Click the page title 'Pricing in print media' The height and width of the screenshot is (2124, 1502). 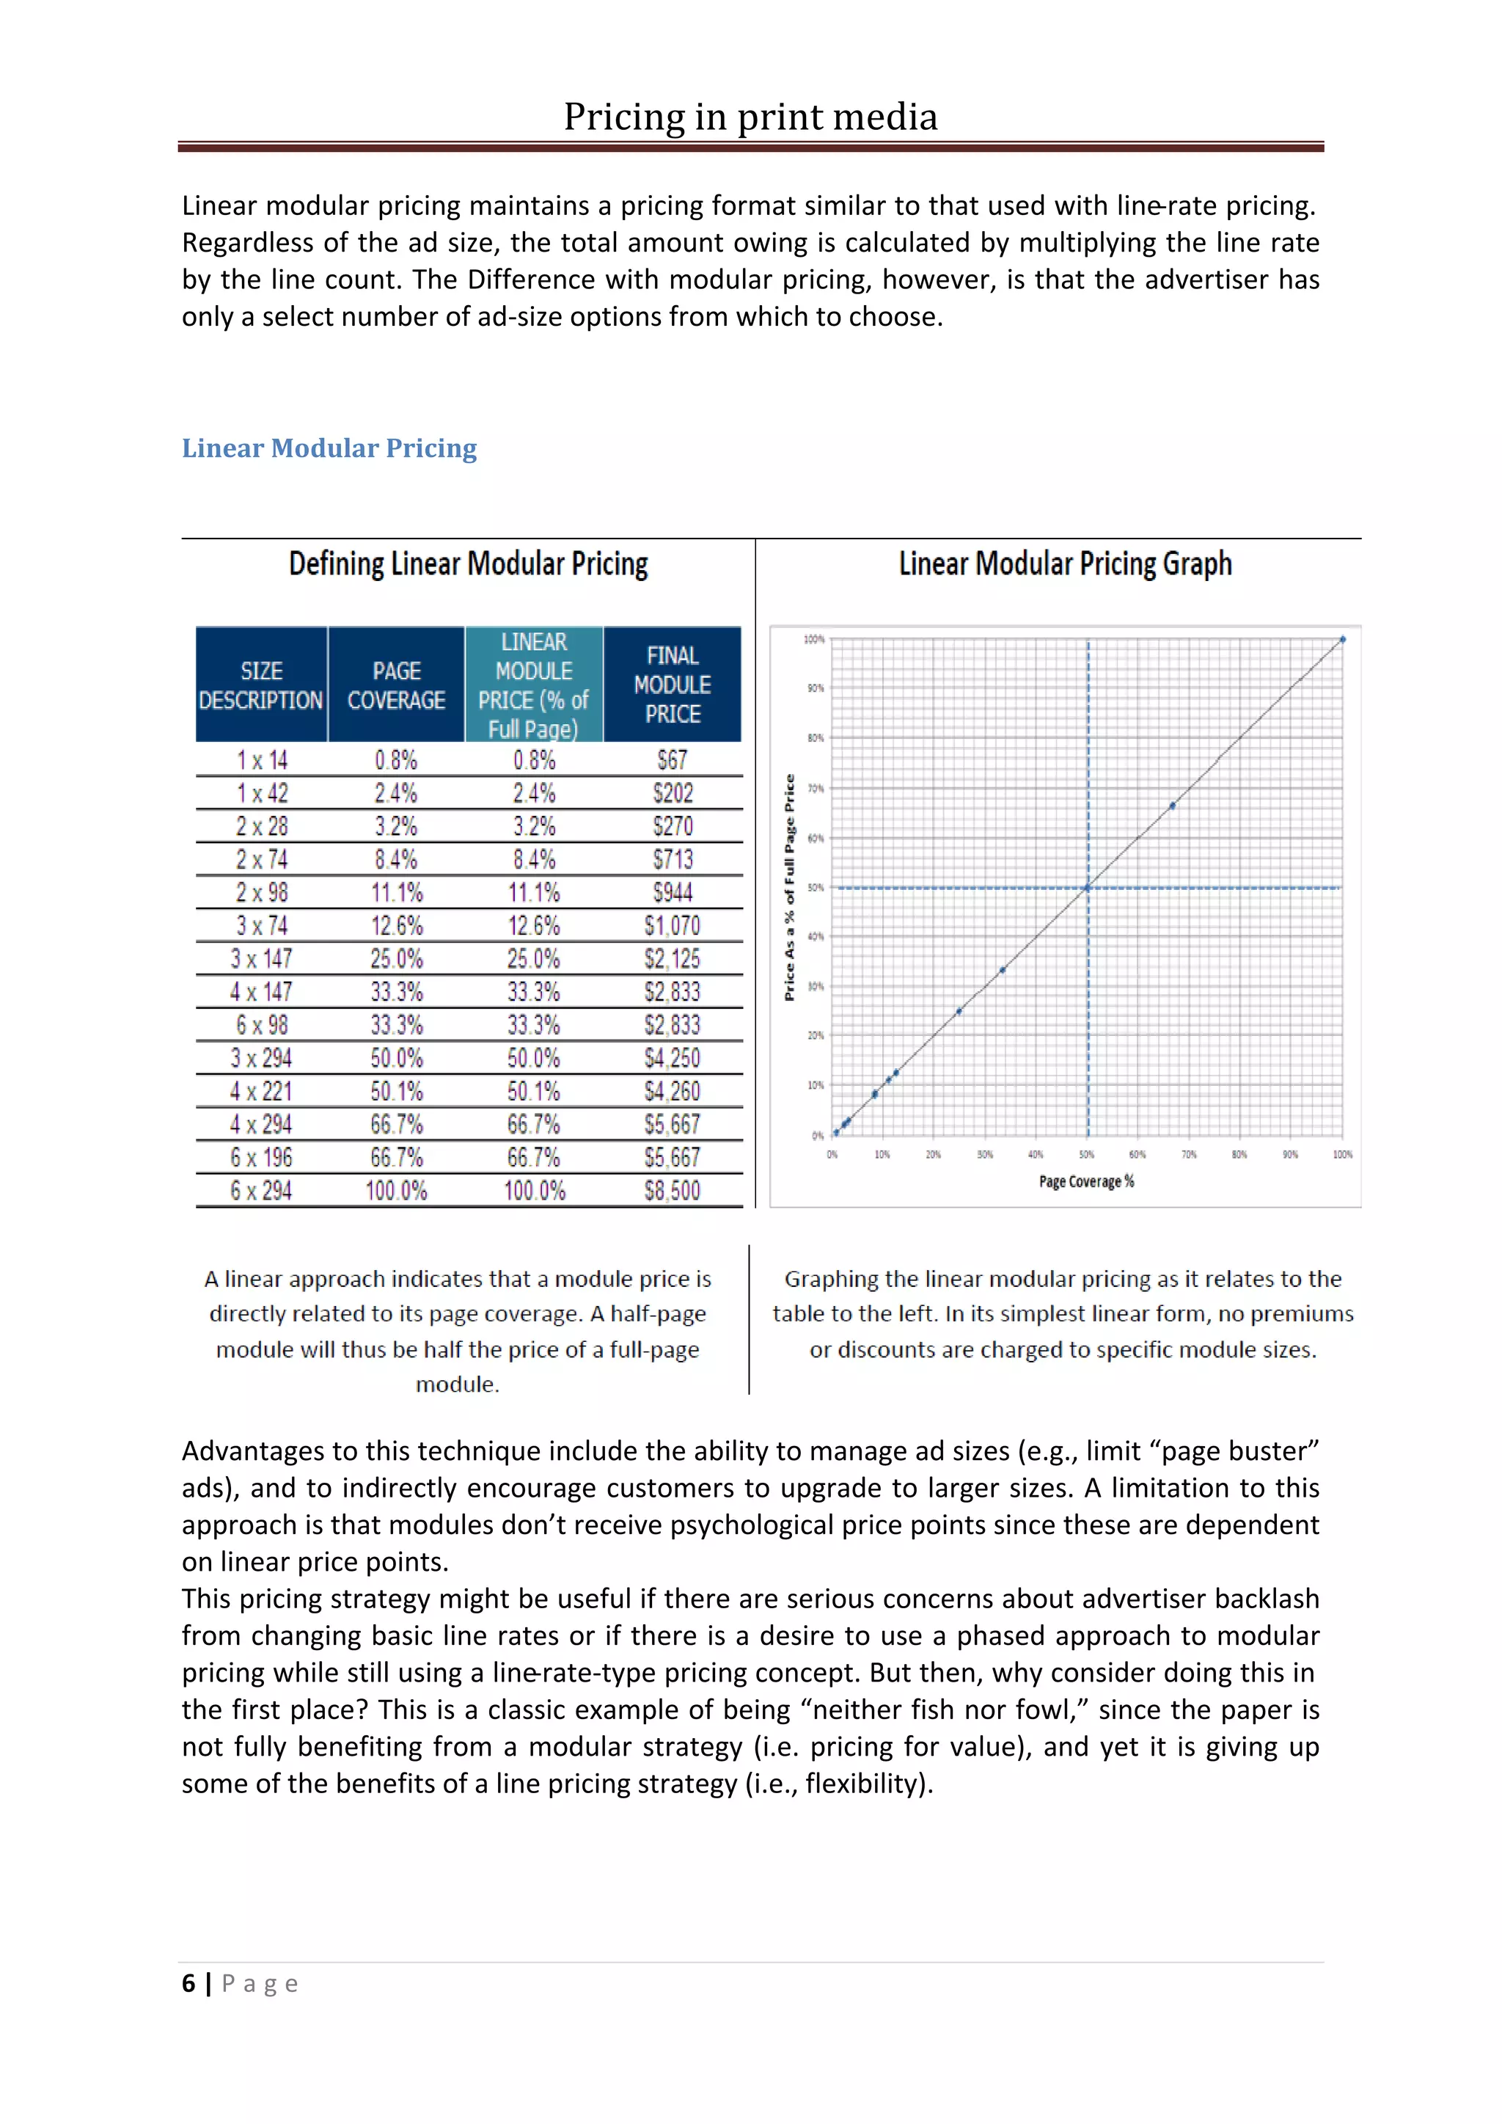[x=750, y=117]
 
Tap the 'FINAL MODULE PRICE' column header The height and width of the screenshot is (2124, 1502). [x=673, y=685]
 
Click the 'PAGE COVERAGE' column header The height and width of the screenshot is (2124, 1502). [x=396, y=685]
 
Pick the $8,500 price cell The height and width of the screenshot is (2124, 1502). [x=673, y=1191]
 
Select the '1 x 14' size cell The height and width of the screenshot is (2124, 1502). [x=262, y=760]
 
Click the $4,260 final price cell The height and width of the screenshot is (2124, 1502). [x=673, y=1092]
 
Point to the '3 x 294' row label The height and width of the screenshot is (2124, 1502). [x=262, y=1058]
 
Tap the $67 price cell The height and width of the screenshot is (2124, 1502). [x=673, y=760]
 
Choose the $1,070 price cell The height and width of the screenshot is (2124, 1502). [x=673, y=926]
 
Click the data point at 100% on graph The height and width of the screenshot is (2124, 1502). [x=1343, y=639]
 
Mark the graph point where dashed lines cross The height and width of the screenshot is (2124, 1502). [x=1088, y=888]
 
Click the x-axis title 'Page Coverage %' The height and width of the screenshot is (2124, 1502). [x=1086, y=1181]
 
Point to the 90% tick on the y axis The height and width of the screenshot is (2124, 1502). [x=815, y=688]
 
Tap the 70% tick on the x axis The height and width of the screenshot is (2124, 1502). [x=1188, y=1155]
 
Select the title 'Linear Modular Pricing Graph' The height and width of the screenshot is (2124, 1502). [x=1065, y=563]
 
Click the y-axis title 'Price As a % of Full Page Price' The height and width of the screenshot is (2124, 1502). [x=790, y=887]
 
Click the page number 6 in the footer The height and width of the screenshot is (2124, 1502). [x=188, y=1983]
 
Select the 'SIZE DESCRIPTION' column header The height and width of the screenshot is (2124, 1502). [x=262, y=685]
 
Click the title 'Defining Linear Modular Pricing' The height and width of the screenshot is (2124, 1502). [x=468, y=563]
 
